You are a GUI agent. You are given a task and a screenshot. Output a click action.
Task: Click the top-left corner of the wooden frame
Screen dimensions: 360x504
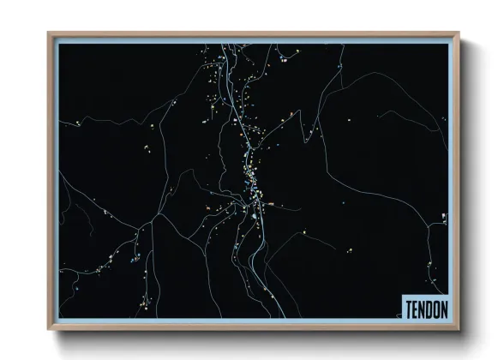(49, 33)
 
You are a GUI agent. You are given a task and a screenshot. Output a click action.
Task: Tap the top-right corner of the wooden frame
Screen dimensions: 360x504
(459, 33)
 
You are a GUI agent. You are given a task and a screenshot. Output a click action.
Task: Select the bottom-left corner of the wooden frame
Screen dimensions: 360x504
(49, 328)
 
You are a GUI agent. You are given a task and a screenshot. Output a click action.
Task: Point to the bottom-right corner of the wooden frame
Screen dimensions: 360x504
(459, 328)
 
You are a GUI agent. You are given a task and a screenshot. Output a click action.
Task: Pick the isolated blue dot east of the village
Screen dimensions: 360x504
(303, 230)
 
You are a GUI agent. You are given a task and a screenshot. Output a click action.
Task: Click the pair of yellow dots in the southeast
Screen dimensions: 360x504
(354, 249)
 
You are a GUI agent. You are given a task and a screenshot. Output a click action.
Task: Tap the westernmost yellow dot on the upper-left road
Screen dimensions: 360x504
(79, 123)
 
